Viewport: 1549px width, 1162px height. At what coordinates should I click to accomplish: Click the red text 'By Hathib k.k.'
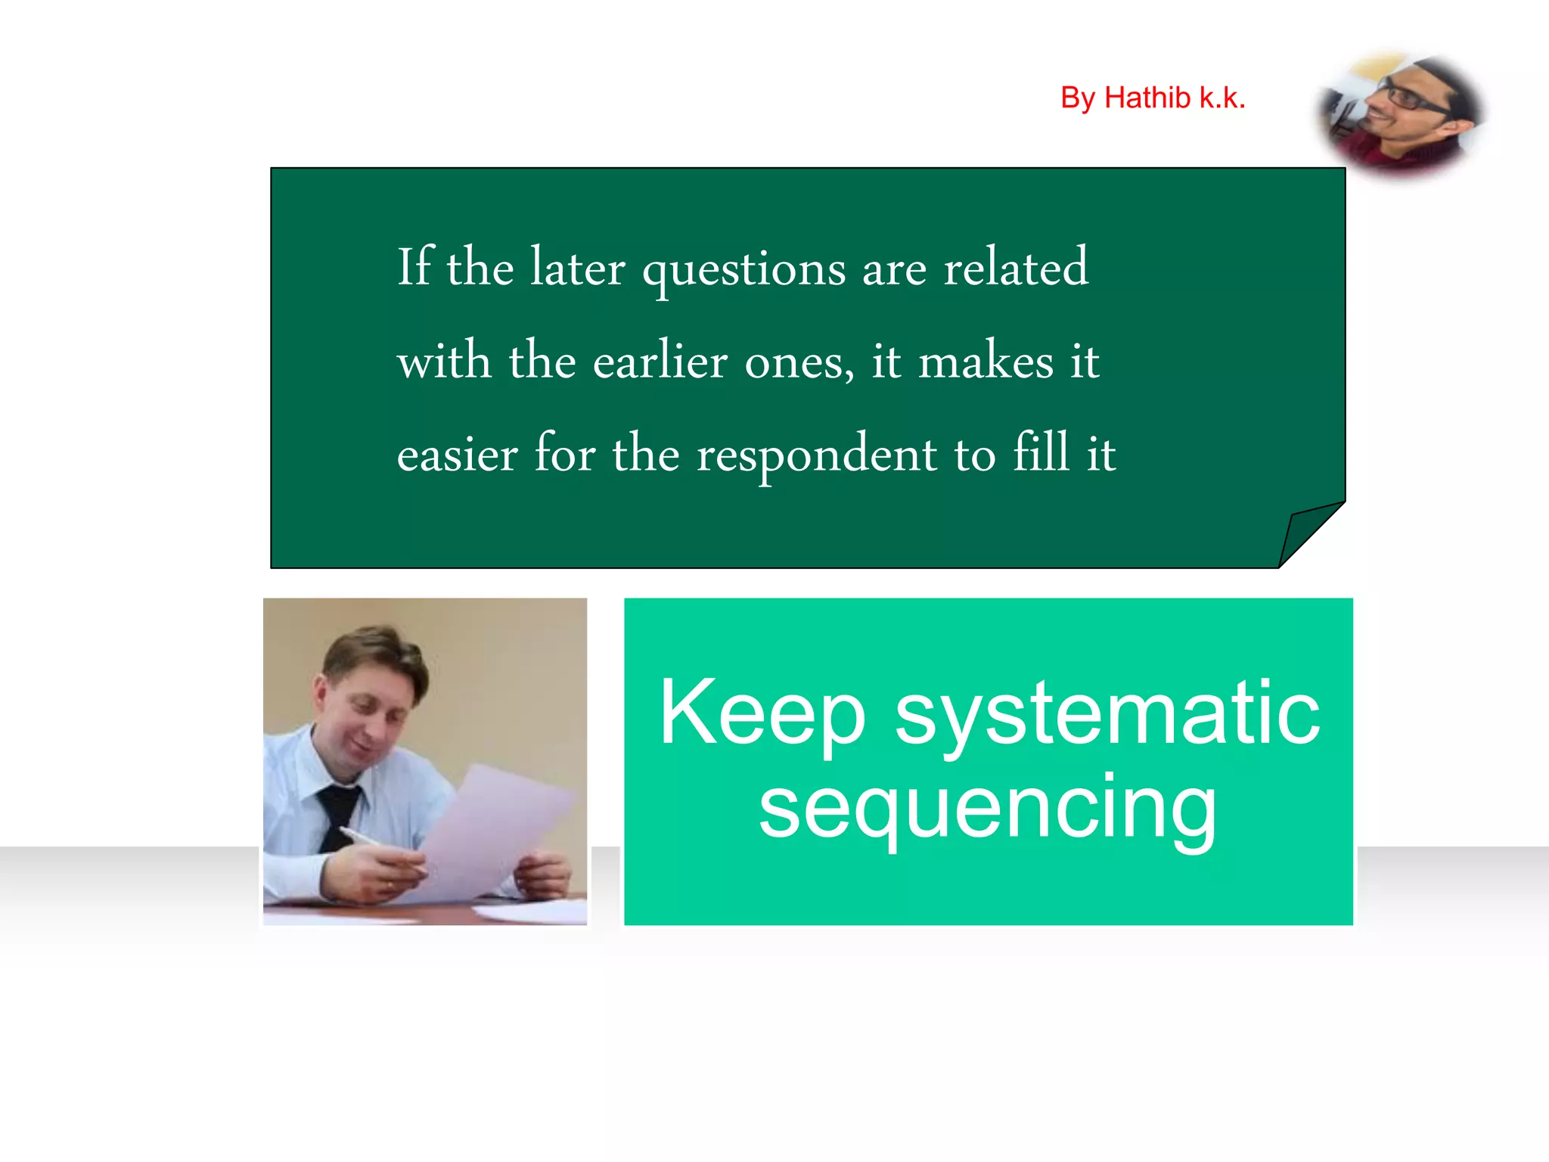click(1152, 98)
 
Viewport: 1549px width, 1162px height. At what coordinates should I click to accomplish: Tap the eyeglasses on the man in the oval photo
click(1412, 99)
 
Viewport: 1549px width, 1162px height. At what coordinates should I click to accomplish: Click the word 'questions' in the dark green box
click(743, 270)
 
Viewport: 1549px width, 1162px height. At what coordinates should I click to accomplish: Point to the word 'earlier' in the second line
click(660, 361)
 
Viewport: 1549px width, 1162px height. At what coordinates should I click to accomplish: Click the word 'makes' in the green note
click(986, 361)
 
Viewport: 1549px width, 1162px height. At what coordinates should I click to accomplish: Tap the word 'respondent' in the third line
click(816, 456)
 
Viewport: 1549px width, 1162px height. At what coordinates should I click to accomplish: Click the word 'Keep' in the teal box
click(762, 713)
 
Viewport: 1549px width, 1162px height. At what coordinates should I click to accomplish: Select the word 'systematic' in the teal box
click(1107, 713)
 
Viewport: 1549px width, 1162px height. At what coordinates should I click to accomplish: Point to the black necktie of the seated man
click(337, 813)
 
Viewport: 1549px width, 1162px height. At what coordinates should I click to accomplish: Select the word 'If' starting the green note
click(414, 267)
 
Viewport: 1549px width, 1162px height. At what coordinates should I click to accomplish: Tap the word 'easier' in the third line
click(457, 456)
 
